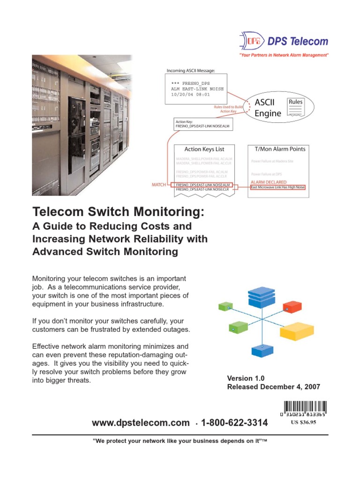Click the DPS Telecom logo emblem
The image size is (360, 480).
[250, 41]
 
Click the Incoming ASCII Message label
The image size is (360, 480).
[191, 70]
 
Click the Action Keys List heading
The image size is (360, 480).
[204, 149]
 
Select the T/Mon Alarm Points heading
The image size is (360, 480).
[279, 149]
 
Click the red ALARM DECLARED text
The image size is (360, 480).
[269, 182]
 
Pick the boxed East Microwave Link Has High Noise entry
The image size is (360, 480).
[277, 187]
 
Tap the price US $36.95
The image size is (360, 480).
[304, 422]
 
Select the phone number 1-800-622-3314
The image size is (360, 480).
[234, 423]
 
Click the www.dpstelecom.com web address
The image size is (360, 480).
[141, 423]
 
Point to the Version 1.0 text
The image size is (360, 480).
[246, 378]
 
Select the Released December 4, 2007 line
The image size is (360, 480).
[273, 387]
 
